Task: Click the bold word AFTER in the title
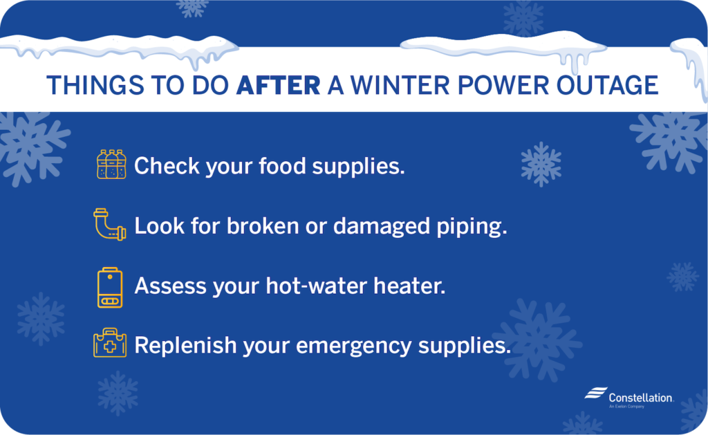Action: (x=279, y=85)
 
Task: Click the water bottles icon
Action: (x=111, y=165)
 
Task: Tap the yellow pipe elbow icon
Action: (x=109, y=224)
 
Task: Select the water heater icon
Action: (x=110, y=286)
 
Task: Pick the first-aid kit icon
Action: (x=110, y=344)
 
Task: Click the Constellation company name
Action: (x=640, y=398)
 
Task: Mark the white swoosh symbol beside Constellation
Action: (x=595, y=394)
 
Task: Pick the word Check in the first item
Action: (x=167, y=166)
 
